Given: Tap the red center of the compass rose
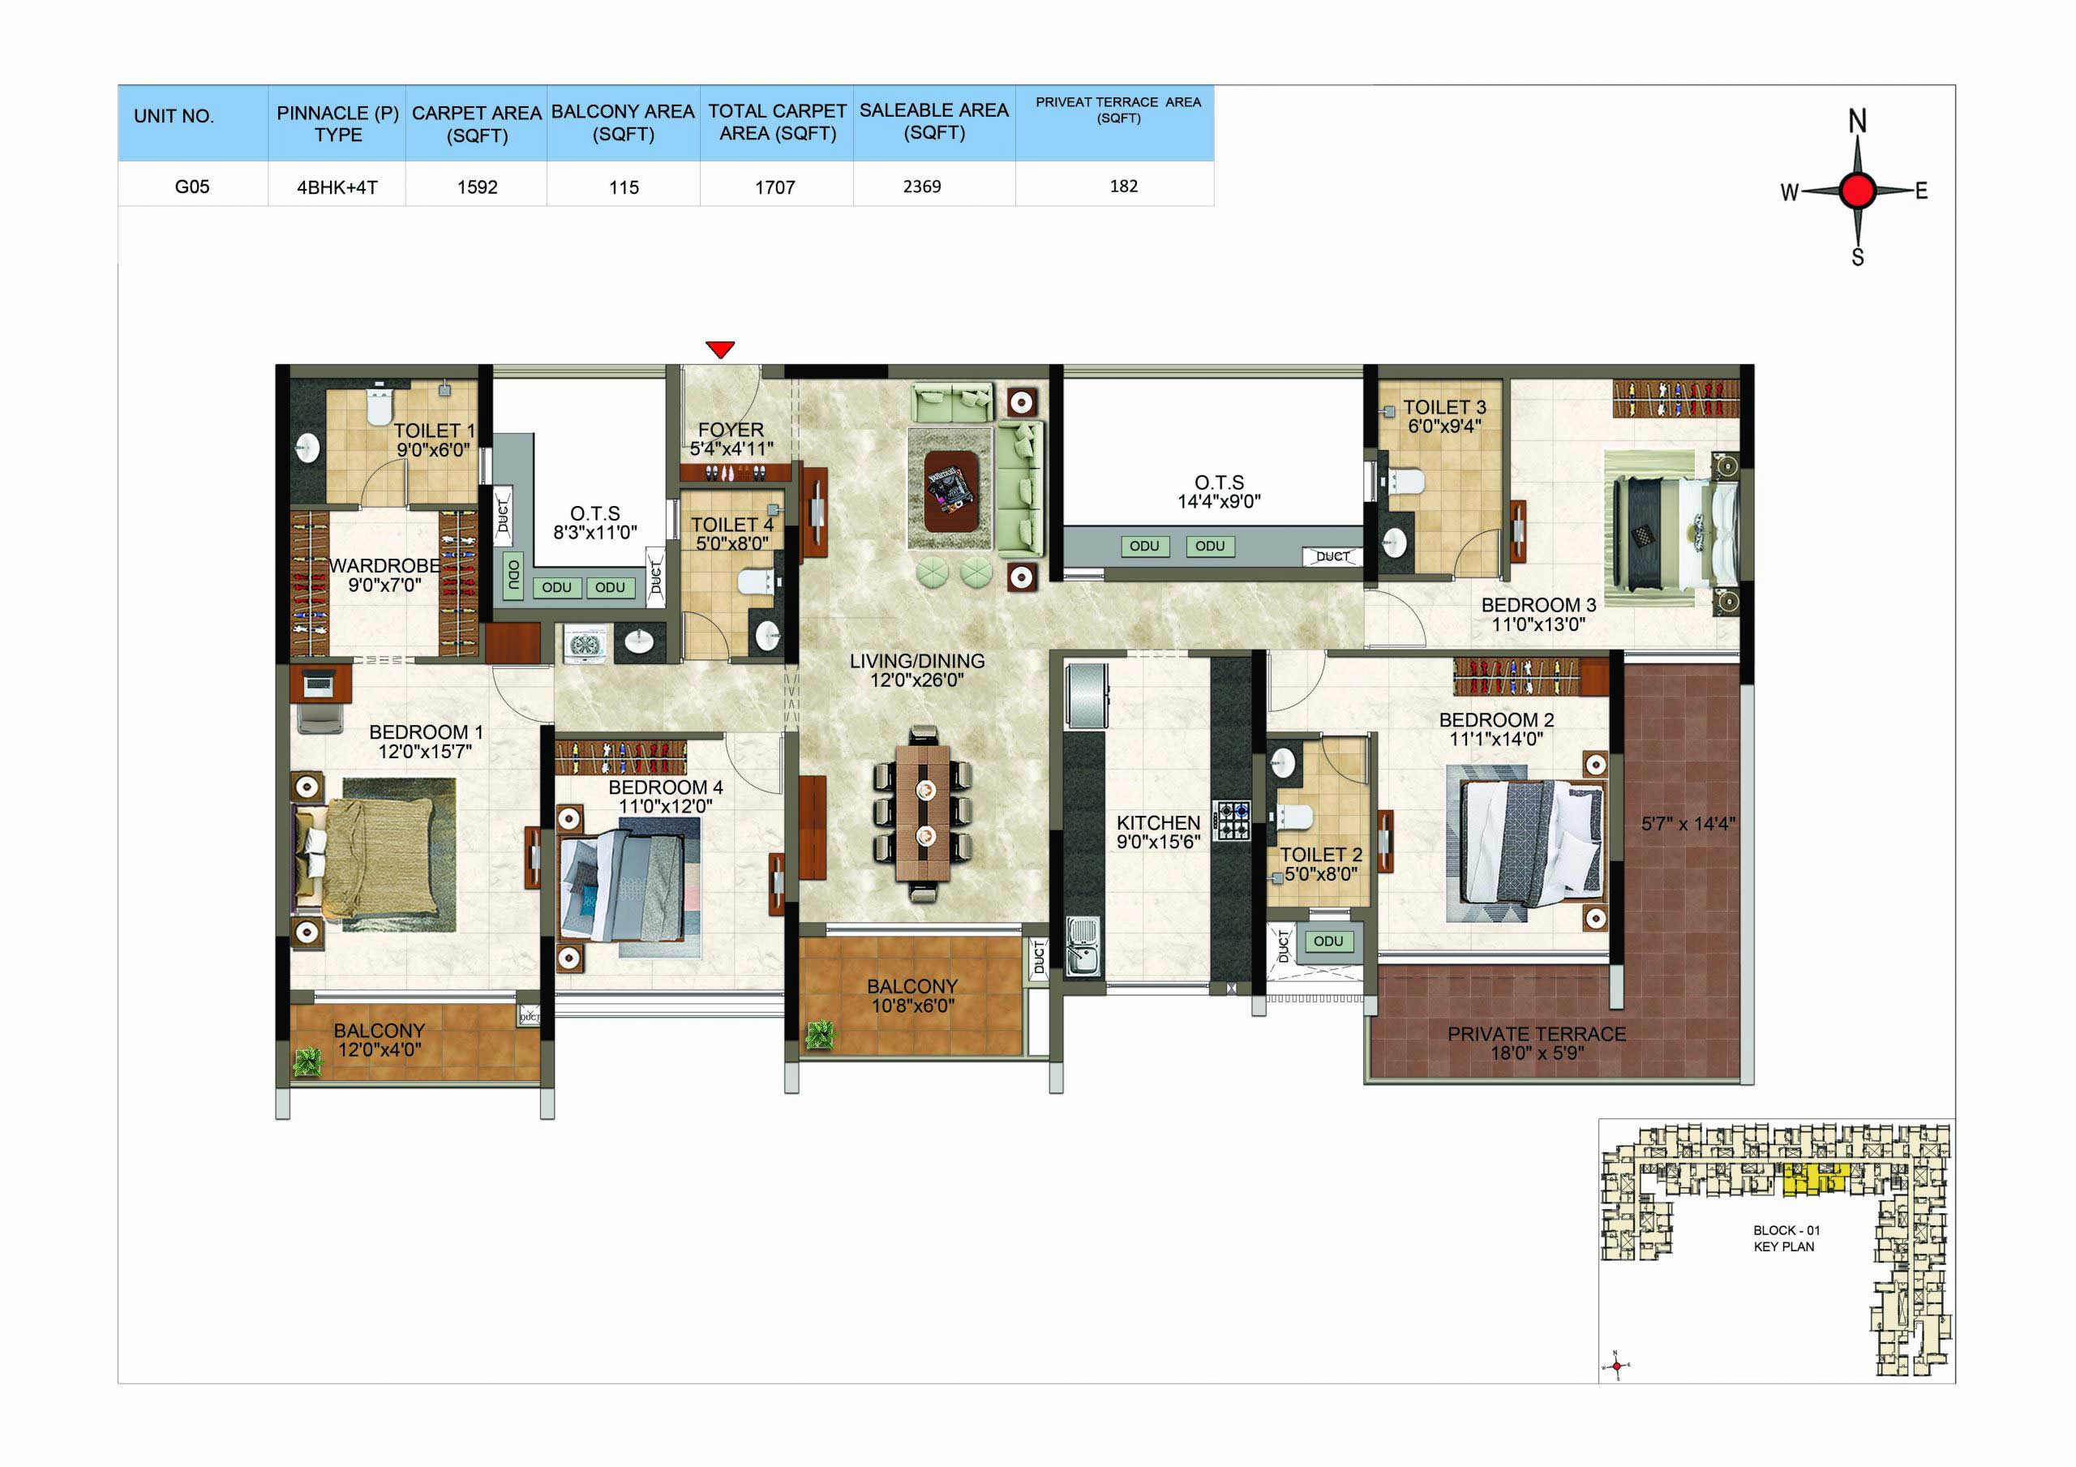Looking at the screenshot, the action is point(1857,191).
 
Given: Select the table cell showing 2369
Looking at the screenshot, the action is point(921,187).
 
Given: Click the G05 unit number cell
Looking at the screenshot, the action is point(191,187).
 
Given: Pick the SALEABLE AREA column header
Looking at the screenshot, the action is point(934,121).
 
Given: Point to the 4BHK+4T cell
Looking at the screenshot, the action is point(337,187).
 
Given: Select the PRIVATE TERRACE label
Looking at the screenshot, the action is point(1536,1034).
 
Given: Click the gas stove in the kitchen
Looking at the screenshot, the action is point(1233,821).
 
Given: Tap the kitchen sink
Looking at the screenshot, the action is point(1083,946).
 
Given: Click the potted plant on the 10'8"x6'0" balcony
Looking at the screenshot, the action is point(820,1035).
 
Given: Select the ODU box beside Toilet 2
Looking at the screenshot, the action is point(1328,941).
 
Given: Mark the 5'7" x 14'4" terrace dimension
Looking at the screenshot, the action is point(1688,823).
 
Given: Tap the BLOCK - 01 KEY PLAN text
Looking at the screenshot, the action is point(1786,1238).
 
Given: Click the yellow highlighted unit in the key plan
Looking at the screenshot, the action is point(1814,1179).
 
